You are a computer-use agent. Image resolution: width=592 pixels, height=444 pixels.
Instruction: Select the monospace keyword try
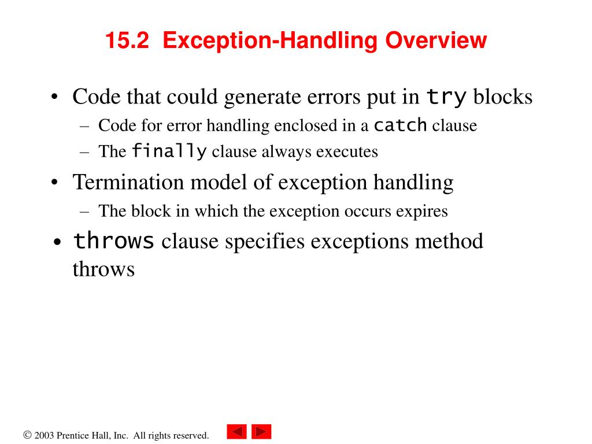pos(446,97)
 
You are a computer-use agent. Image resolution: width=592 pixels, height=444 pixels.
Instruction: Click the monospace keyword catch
pos(401,124)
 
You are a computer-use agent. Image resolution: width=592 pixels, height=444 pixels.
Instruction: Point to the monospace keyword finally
pos(169,151)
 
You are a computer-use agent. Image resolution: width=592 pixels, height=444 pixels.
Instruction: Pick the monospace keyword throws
pos(114,240)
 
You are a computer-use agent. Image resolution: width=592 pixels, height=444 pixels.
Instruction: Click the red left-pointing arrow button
pos(236,432)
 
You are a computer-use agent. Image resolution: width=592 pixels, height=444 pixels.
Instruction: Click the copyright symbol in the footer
pos(27,435)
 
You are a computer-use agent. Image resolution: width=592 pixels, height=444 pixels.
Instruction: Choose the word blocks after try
pos(503,97)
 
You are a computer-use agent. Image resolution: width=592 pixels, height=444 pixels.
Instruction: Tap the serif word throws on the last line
pos(103,269)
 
